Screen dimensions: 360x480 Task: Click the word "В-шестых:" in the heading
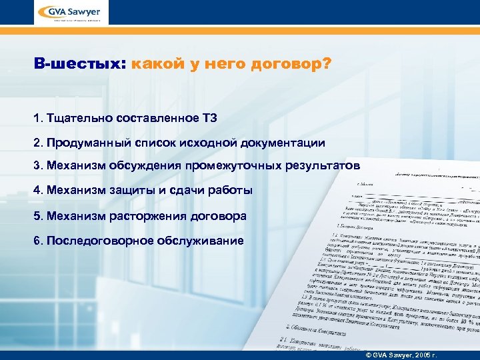pos(79,65)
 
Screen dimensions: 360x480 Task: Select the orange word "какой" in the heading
pos(153,65)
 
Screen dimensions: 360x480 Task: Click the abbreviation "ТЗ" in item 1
pos(209,118)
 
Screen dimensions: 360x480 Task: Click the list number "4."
pos(37,191)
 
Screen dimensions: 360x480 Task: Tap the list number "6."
pos(37,241)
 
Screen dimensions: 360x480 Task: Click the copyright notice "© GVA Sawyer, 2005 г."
pos(407,352)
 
